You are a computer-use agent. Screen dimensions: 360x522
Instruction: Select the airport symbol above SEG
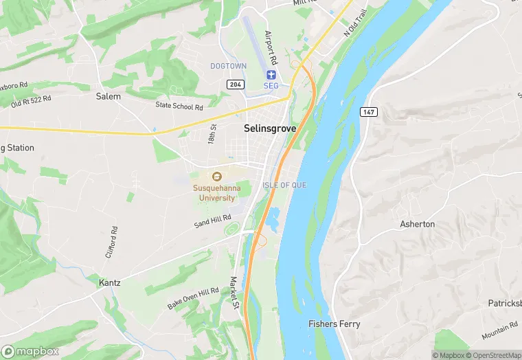pos(271,74)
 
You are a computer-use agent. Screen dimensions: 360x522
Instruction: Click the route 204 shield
pos(234,82)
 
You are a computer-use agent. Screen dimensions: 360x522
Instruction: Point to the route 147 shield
pos(368,111)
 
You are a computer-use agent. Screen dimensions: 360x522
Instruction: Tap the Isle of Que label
pos(284,185)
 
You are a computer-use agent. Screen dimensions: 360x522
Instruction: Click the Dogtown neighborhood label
pos(228,65)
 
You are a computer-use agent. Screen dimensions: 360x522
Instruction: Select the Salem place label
pos(108,96)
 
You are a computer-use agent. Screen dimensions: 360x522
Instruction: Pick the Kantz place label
pos(110,282)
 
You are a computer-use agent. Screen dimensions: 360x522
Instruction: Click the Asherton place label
pos(417,224)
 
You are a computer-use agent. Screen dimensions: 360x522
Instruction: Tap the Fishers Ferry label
pos(334,324)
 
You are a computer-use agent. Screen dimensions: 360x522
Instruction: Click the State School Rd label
pos(179,106)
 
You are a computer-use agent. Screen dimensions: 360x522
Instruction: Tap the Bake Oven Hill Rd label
pos(193,299)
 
